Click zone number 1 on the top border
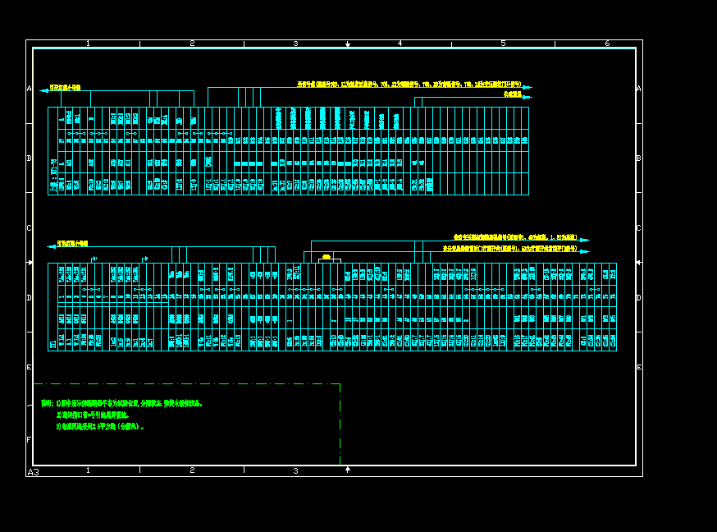tap(88, 44)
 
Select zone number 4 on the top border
tap(400, 44)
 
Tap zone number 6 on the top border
tap(607, 44)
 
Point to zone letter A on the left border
tap(29, 89)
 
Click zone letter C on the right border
tap(639, 228)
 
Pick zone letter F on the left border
tap(29, 440)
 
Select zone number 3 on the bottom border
tap(295, 471)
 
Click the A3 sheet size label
tap(34, 472)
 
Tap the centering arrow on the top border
tap(348, 44)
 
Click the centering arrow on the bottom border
tap(348, 470)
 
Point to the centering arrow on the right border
tap(638, 263)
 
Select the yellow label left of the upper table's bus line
tap(65, 87)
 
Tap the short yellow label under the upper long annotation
tap(512, 94)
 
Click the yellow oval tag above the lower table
tap(327, 258)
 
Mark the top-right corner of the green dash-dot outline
tap(340, 384)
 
